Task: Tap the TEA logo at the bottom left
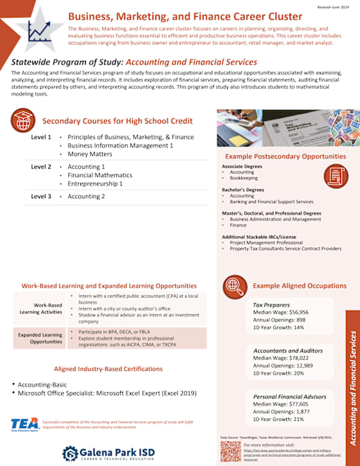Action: pyautogui.click(x=24, y=424)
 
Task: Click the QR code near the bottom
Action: pyautogui.click(x=229, y=451)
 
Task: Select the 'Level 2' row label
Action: pyautogui.click(x=41, y=167)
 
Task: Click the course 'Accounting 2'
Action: pyautogui.click(x=86, y=196)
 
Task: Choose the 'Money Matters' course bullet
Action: pyautogui.click(x=89, y=153)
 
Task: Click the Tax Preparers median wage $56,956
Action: pyautogui.click(x=279, y=311)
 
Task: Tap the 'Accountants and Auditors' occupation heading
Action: pyautogui.click(x=288, y=349)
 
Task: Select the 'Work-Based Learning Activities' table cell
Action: pyautogui.click(x=39, y=308)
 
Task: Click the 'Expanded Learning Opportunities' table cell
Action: pyautogui.click(x=39, y=338)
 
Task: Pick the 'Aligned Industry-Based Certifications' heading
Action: pyautogui.click(x=109, y=368)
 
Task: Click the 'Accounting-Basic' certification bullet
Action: pyautogui.click(x=46, y=384)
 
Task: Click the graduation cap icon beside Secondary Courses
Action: pyautogui.click(x=23, y=120)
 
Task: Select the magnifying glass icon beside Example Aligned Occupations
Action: pyautogui.click(x=233, y=285)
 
